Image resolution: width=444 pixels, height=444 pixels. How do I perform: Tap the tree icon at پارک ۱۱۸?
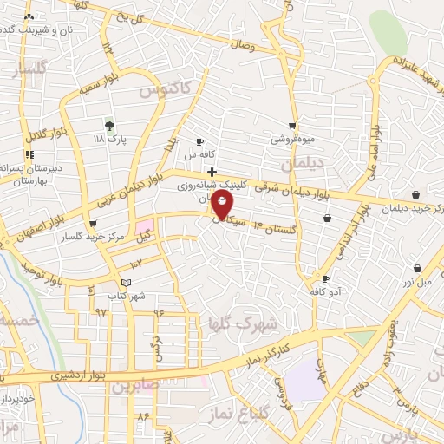tap(108, 125)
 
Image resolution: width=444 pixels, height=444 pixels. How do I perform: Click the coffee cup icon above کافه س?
tap(200, 141)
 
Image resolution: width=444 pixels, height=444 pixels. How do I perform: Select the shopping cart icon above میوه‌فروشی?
tap(292, 126)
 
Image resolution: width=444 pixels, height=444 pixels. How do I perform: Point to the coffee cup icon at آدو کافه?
tap(325, 279)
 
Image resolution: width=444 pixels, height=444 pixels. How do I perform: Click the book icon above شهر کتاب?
tap(127, 284)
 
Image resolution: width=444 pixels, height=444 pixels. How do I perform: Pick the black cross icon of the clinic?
tap(212, 172)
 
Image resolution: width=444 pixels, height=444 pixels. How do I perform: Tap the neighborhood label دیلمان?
tap(302, 162)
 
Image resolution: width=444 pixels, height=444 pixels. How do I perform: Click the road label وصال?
tap(245, 43)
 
